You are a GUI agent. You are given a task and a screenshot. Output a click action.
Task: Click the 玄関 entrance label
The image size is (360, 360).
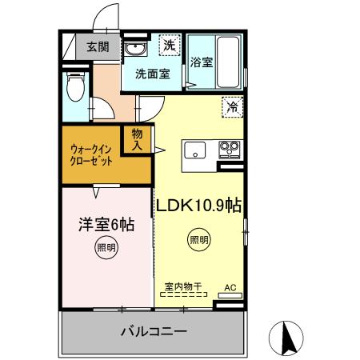98,47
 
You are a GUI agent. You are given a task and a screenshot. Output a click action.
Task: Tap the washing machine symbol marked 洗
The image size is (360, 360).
169,46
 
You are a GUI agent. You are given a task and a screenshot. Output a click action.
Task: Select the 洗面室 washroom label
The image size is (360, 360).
151,74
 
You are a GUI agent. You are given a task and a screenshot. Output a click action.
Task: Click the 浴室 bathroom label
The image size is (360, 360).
202,63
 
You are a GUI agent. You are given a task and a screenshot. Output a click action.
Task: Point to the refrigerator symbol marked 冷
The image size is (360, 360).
233,105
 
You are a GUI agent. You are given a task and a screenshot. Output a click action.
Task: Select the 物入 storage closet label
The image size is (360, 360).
137,139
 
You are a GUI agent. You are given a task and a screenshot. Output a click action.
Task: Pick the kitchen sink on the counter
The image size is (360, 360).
196,150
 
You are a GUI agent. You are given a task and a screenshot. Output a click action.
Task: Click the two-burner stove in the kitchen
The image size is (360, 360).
230,149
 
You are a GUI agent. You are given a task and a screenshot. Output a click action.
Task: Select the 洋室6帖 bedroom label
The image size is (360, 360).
105,225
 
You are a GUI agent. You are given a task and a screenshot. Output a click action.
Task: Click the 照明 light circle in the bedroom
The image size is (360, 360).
106,247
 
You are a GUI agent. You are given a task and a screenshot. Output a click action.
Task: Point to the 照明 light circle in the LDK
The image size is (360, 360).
198,239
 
